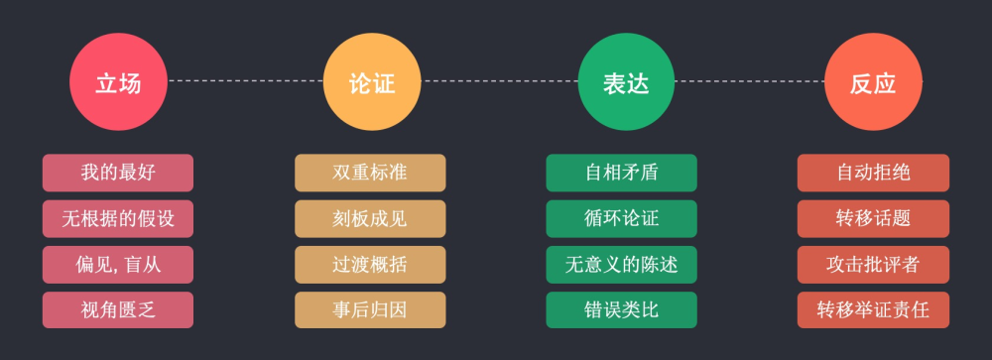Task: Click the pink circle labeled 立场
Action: [x=118, y=82]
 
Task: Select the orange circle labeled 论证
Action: [x=372, y=82]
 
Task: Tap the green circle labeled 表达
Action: [x=626, y=82]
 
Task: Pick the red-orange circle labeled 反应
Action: [x=873, y=82]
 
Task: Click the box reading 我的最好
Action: [x=118, y=173]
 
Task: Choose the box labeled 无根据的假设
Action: [x=118, y=218]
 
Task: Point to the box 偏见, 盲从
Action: [x=118, y=264]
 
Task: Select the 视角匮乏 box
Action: [x=118, y=309]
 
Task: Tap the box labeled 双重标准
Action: [x=370, y=173]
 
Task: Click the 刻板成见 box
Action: [x=370, y=218]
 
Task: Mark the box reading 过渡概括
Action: [x=370, y=264]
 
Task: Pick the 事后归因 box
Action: [x=370, y=309]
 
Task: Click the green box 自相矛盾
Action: [x=622, y=173]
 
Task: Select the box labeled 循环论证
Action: [x=622, y=218]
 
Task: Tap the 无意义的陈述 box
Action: [x=622, y=264]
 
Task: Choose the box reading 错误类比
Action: [x=622, y=309]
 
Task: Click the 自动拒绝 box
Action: [x=873, y=173]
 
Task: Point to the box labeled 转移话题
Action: [x=873, y=218]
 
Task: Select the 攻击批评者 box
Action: [x=873, y=264]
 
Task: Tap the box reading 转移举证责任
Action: [x=873, y=309]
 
